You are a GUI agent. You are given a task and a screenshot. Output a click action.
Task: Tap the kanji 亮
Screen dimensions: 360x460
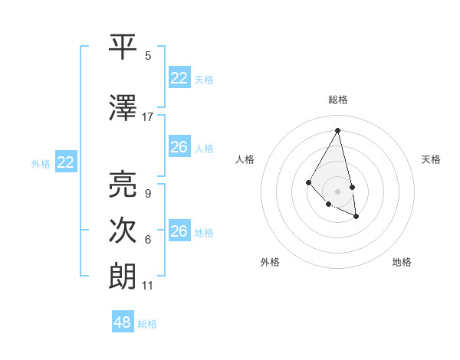[123, 184]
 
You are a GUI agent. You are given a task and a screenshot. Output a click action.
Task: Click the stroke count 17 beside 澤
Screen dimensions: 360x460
[148, 116]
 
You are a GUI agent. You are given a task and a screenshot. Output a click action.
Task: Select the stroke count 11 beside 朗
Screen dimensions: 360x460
[147, 286]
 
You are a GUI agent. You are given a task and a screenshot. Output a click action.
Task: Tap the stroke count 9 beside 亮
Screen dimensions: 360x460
[147, 193]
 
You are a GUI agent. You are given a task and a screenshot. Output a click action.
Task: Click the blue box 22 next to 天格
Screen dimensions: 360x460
[179, 78]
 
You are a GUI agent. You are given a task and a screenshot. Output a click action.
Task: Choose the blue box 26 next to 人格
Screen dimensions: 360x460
[179, 147]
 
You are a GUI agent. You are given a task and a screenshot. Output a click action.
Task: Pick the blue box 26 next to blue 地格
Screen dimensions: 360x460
[179, 231]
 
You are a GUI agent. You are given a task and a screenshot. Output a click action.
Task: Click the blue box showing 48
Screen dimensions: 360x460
[123, 322]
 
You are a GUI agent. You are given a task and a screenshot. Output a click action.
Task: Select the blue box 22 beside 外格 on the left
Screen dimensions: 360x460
[66, 162]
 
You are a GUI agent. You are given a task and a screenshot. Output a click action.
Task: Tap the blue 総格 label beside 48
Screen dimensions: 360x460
[147, 324]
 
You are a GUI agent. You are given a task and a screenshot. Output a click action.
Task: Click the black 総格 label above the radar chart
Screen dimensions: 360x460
[337, 100]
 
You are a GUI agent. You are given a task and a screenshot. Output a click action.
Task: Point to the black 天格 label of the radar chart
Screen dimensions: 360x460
[431, 159]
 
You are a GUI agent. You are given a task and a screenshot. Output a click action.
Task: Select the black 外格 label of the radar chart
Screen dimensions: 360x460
[270, 262]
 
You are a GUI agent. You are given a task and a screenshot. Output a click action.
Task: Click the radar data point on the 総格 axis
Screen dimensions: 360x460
[337, 130]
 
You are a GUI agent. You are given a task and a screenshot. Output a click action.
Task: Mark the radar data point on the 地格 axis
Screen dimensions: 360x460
[356, 218]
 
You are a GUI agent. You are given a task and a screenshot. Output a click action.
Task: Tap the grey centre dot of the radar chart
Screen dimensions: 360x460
[337, 191]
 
